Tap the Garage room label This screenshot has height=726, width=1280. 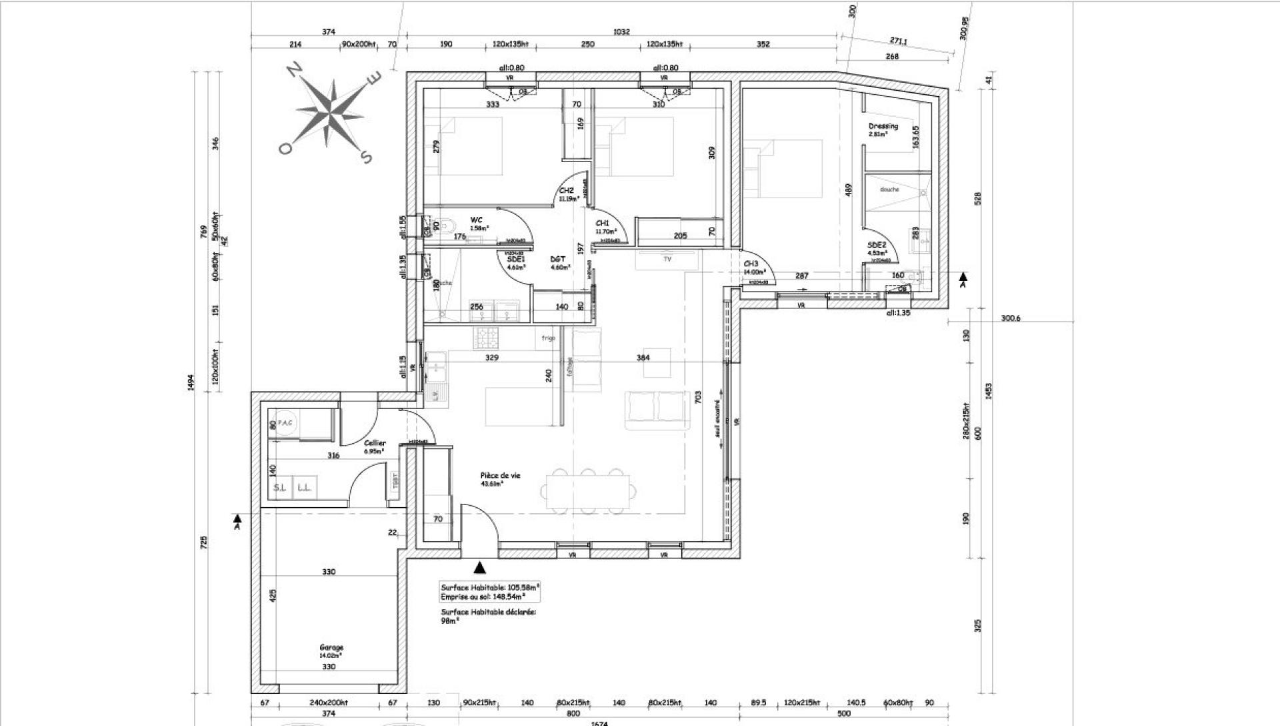[x=331, y=647]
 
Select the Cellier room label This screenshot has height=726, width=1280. [x=375, y=443]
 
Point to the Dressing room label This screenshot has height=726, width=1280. [x=883, y=126]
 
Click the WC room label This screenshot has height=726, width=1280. [x=476, y=220]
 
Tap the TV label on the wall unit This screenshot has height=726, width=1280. [x=667, y=258]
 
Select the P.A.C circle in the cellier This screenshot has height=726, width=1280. [x=285, y=423]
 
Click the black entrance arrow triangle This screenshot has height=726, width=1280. [x=479, y=568]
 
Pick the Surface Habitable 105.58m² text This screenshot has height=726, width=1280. [x=490, y=587]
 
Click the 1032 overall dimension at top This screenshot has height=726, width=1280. [x=622, y=31]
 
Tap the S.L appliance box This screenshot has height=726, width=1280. [x=280, y=488]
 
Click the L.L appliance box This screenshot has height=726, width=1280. [x=304, y=488]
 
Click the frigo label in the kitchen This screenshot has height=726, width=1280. [x=549, y=338]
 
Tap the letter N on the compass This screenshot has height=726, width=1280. [x=293, y=69]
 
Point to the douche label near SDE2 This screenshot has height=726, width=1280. [x=889, y=190]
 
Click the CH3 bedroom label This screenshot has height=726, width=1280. [x=751, y=264]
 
